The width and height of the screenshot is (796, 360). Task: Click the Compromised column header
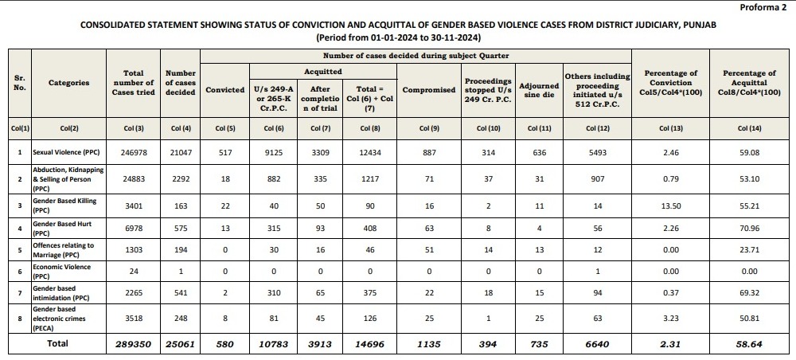(x=428, y=90)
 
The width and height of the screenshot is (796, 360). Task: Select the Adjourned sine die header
(x=539, y=90)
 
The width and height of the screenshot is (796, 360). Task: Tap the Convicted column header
(x=225, y=90)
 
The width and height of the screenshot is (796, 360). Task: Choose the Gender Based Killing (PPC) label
(x=64, y=205)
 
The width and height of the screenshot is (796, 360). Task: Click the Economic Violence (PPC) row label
(x=62, y=271)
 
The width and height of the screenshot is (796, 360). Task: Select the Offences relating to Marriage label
(x=64, y=249)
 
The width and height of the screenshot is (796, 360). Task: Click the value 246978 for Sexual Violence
(x=134, y=152)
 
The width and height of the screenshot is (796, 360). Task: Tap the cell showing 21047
(x=180, y=152)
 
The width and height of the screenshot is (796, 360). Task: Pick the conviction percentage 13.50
(x=671, y=205)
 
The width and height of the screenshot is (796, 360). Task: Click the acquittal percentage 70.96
(x=749, y=228)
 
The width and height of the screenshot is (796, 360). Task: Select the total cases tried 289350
(x=134, y=344)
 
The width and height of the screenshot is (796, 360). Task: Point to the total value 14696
(x=370, y=344)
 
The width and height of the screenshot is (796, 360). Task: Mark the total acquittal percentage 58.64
(x=749, y=344)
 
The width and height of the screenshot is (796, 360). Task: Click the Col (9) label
(x=428, y=128)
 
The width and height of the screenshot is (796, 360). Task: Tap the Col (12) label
(x=597, y=128)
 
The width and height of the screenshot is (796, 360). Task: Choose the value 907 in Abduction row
(x=597, y=179)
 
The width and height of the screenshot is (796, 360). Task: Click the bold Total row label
(x=57, y=344)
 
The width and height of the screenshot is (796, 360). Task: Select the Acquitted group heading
(x=323, y=72)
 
